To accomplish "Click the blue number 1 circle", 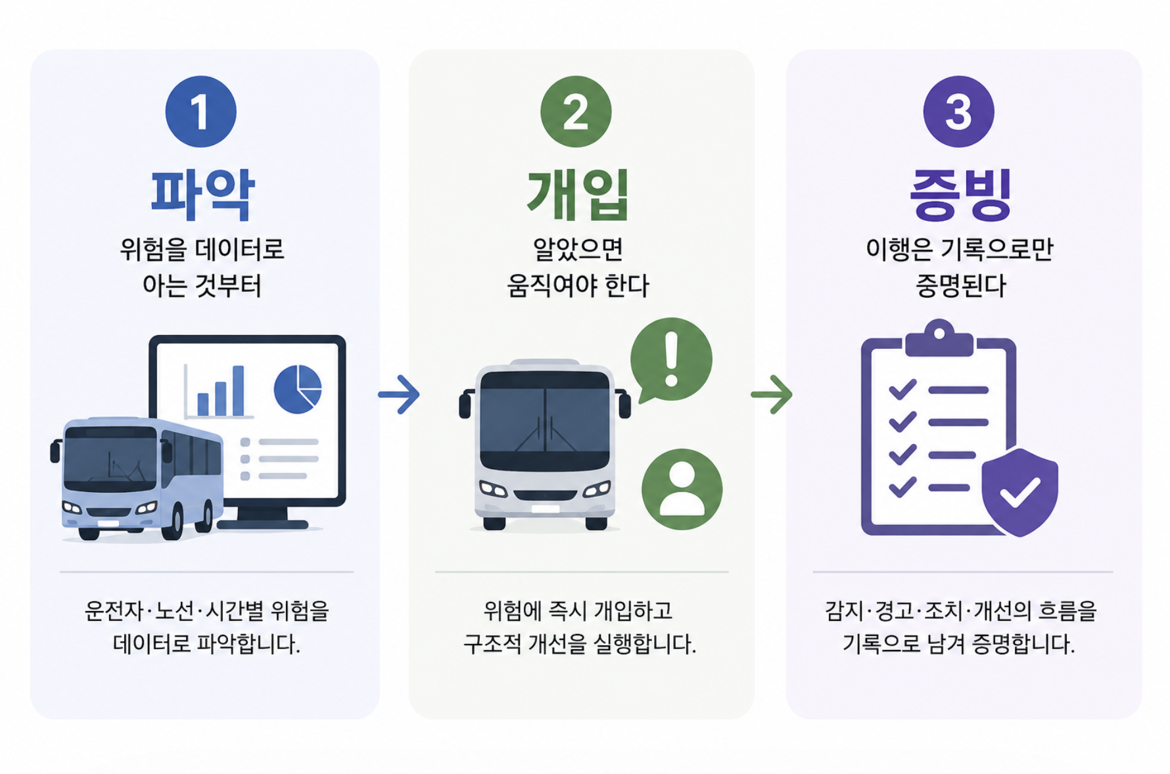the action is [x=201, y=111].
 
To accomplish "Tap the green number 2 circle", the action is [x=576, y=111].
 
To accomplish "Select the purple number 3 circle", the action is [x=958, y=111].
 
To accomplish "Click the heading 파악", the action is [x=202, y=194].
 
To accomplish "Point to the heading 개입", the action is [x=578, y=194].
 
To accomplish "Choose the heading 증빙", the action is [x=960, y=194].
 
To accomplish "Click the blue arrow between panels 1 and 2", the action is [x=398, y=394].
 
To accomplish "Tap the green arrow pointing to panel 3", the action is [x=772, y=394].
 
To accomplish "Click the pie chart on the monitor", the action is [x=298, y=389].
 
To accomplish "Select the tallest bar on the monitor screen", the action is [x=238, y=390].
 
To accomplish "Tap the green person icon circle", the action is [x=682, y=489].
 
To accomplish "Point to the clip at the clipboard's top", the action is [x=939, y=338].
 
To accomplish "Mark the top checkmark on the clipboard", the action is [x=902, y=390].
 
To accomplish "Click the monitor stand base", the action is [x=263, y=524].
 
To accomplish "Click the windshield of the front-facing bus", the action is [x=545, y=421].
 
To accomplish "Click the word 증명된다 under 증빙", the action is [x=960, y=286].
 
